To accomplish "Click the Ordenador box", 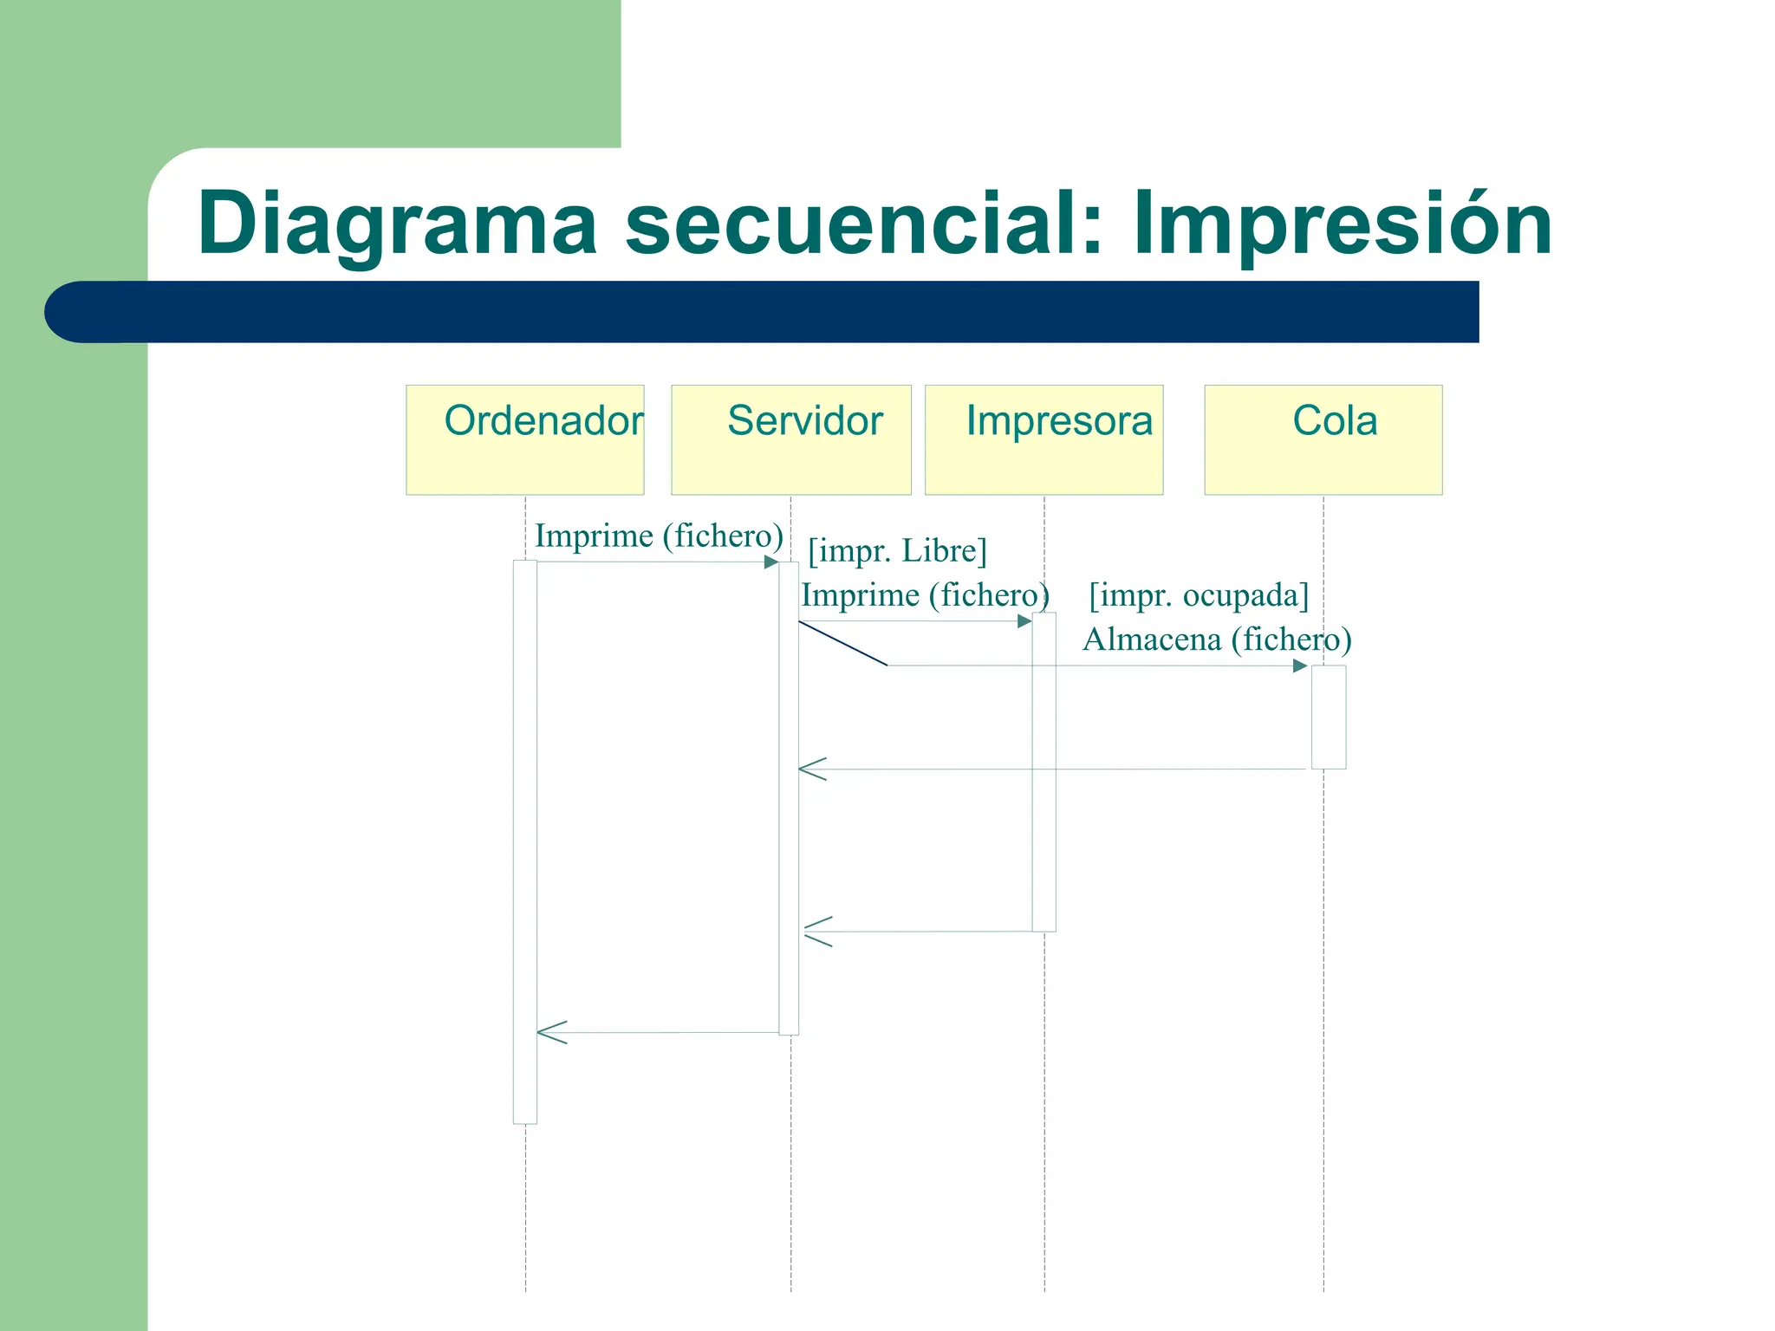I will pos(524,439).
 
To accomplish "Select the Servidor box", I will pos(790,439).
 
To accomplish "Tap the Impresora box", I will pos(1044,439).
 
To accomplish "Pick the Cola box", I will pos(1323,439).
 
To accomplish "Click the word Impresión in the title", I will pos(1342,224).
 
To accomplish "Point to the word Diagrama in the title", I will pos(397,224).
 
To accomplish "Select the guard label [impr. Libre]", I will pos(897,551).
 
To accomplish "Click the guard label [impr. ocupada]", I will pos(1199,595).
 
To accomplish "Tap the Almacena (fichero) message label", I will pos(1217,640).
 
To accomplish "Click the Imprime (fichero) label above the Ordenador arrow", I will pos(659,536).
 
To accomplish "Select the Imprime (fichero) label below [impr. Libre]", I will pos(925,595).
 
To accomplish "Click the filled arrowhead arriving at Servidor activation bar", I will pos(770,562).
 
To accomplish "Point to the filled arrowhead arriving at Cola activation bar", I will pos(1299,665).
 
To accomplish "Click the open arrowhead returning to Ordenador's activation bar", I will pos(551,1032).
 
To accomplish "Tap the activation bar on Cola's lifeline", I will pos(1328,717).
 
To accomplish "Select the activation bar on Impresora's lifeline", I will pos(1044,771).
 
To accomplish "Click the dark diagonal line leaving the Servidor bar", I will pos(842,643).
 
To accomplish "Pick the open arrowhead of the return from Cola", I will pos(812,769).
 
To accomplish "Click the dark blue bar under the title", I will pos(763,312).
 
